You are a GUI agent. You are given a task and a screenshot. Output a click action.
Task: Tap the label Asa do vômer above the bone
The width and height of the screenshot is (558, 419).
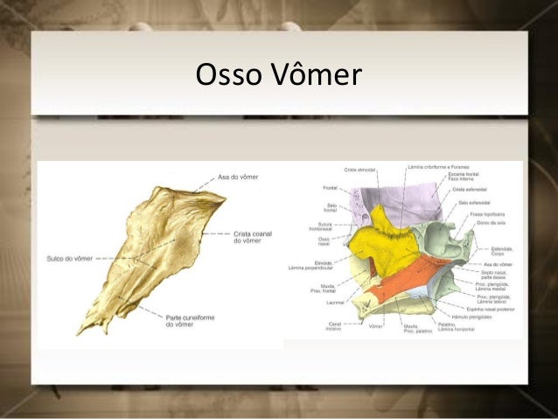click(x=238, y=176)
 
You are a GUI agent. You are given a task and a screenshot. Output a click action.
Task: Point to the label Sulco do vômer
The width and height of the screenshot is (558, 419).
click(x=67, y=258)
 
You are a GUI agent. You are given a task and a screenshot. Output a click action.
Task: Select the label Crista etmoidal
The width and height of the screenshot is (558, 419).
click(x=360, y=169)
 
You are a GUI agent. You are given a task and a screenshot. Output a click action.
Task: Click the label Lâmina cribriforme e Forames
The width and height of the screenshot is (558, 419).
click(x=438, y=166)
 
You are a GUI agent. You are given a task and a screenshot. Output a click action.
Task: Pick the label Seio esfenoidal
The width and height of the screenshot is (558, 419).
click(x=475, y=202)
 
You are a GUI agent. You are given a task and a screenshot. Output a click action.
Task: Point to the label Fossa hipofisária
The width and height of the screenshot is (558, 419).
click(x=487, y=213)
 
